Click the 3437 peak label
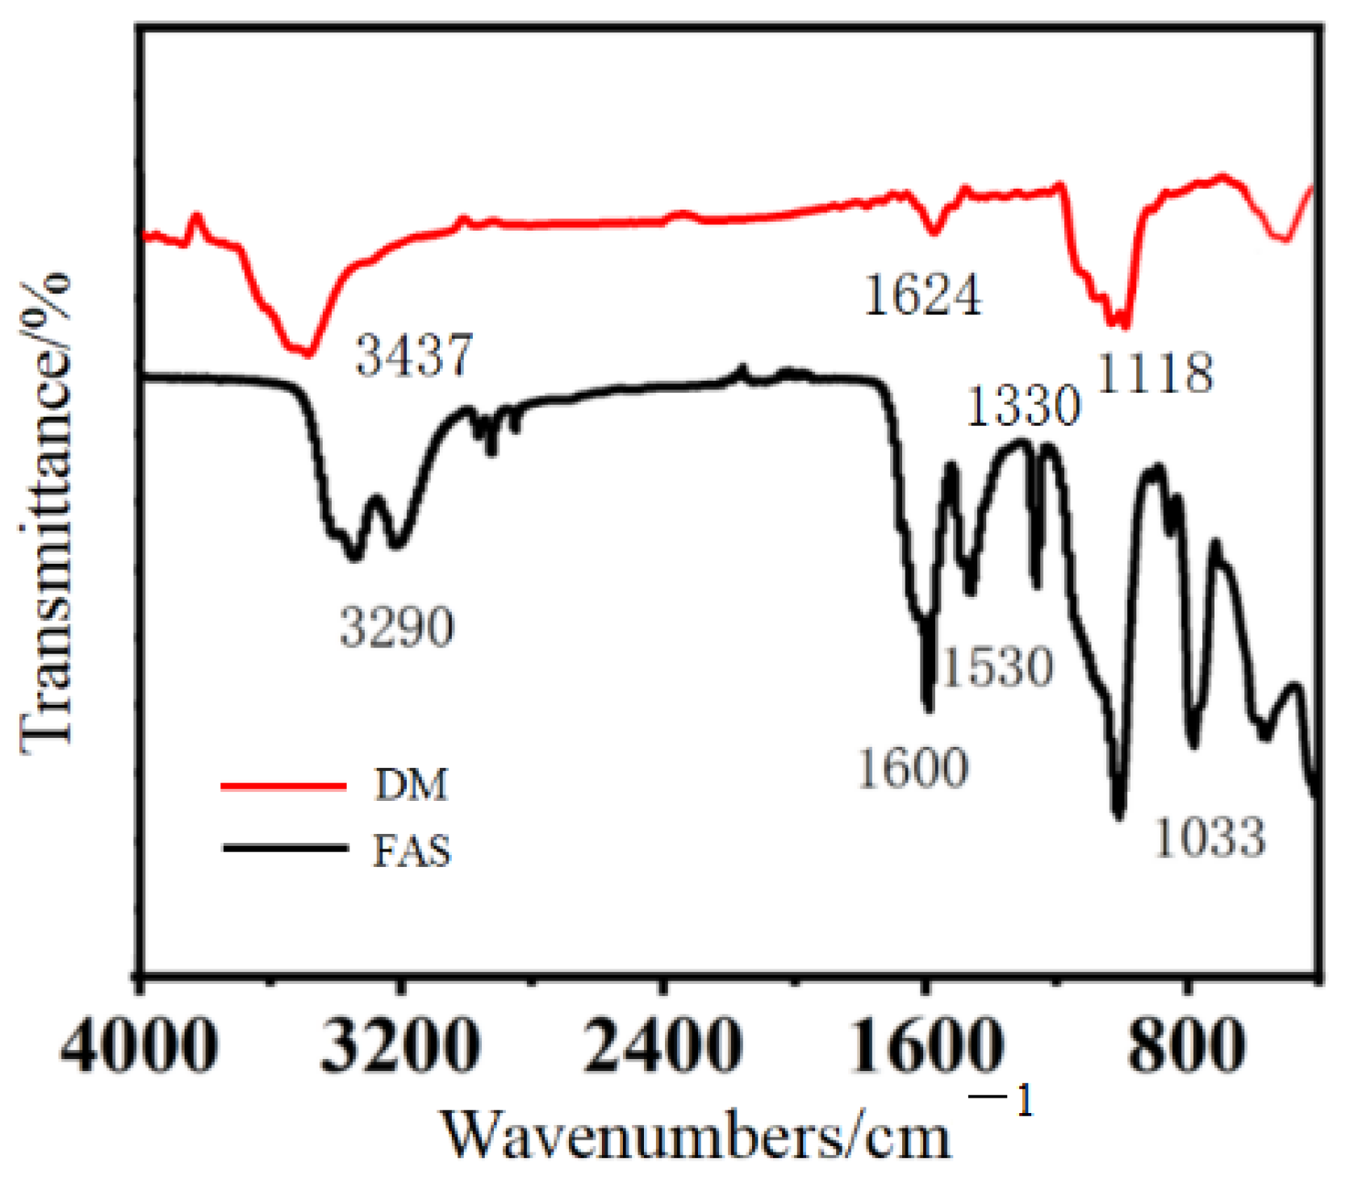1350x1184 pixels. click(414, 355)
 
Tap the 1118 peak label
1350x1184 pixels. click(1156, 373)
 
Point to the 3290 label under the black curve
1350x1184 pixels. click(397, 627)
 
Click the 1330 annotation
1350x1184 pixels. click(1022, 405)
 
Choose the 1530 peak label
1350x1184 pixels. click(997, 666)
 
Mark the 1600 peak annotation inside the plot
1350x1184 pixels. click(913, 767)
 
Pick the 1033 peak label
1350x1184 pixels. click(1210, 836)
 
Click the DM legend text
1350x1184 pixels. click(411, 785)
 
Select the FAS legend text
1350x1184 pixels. click(412, 851)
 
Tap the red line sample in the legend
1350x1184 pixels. click(284, 786)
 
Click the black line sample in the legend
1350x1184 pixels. click(284, 848)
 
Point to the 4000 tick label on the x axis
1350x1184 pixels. click(140, 1046)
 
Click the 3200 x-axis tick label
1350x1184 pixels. click(400, 1046)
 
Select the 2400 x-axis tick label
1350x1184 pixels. click(662, 1046)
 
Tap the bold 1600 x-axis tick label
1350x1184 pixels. click(926, 1046)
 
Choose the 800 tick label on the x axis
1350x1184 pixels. click(1185, 1046)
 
